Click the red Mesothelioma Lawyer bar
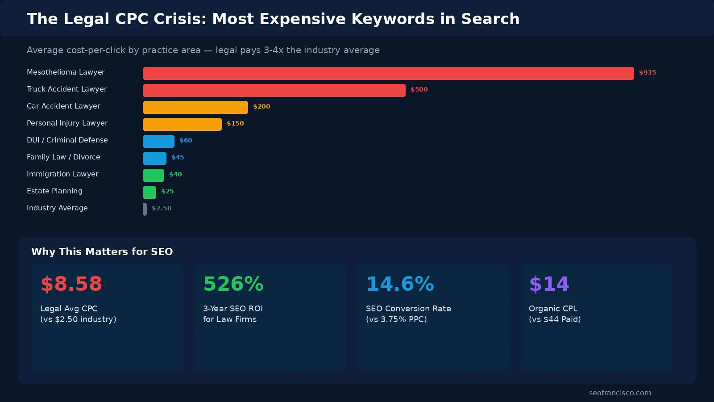point(388,73)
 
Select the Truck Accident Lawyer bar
point(274,90)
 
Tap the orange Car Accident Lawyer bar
point(195,107)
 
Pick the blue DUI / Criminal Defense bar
point(158,141)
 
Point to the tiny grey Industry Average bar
point(145,209)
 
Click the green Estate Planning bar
point(149,192)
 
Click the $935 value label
point(648,72)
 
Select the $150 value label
point(235,123)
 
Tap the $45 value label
point(178,157)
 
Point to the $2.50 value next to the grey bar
point(162,208)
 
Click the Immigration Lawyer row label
point(62,174)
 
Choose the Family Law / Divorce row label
point(63,157)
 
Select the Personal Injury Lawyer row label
point(67,123)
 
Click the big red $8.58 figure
point(71,284)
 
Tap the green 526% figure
point(233,284)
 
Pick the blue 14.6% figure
point(400,284)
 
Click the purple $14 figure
point(549,284)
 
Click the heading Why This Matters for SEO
point(102,251)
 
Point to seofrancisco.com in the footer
point(620,393)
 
